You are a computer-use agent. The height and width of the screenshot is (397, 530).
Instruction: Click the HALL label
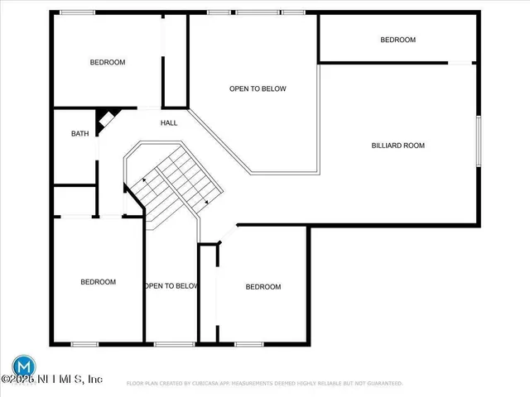pos(169,123)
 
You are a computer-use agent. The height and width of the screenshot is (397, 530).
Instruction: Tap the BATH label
pos(79,133)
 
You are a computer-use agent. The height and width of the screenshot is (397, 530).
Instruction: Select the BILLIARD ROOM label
pos(397,146)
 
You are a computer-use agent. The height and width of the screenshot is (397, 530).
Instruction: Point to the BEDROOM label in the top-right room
pos(397,40)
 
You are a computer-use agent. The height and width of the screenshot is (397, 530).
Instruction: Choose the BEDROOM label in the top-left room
pos(108,62)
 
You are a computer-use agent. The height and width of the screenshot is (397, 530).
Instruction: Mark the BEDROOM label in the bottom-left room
pos(98,282)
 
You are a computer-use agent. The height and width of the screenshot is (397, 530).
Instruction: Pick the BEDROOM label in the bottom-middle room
pos(263,287)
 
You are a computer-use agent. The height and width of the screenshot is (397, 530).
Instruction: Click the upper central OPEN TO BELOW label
pos(258,88)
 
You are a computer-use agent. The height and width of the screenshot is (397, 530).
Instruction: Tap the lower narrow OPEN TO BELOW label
pos(171,286)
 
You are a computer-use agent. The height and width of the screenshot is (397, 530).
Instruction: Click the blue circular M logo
pos(24,365)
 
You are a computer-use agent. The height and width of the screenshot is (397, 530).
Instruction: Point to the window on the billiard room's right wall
pos(478,141)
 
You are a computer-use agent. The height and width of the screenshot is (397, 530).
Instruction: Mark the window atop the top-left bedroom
pos(77,12)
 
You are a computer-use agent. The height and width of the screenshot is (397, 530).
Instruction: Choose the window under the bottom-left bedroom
pos(84,343)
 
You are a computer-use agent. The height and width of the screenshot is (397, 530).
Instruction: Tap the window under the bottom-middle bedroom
pos(248,343)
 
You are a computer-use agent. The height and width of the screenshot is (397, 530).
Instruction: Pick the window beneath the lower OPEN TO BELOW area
pos(169,343)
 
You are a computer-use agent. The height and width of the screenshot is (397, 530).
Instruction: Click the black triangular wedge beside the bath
pos(105,120)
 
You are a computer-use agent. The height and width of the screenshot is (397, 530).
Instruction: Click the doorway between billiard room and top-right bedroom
pos(460,62)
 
